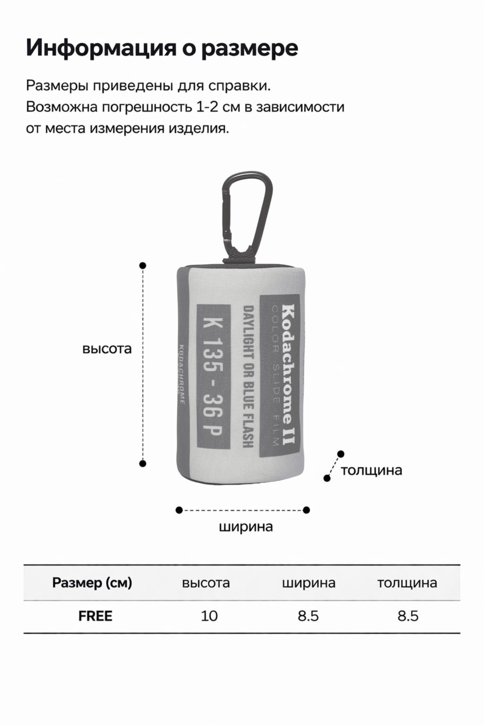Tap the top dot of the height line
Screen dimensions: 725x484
pos(143,265)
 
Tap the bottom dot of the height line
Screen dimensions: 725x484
pos(143,463)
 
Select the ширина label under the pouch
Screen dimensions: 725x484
pos(246,527)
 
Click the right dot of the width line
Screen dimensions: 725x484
pos(306,510)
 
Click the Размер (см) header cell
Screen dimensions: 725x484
pos(92,583)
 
